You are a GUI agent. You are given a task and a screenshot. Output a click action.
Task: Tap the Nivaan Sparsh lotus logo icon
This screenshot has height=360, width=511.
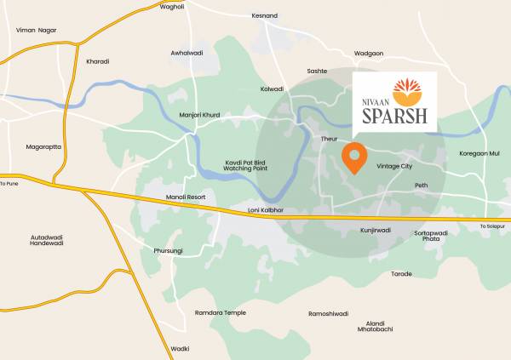[x=405, y=92]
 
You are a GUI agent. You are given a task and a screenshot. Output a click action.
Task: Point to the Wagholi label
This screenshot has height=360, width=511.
[x=172, y=6]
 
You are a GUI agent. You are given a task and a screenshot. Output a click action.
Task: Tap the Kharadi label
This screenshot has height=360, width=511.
[x=98, y=61]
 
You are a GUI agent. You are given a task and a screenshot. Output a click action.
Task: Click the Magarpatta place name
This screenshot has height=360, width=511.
[x=43, y=146]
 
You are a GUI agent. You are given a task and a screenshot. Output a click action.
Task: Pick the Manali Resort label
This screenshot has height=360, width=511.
[x=186, y=197]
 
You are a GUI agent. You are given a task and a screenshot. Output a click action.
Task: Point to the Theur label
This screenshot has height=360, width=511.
[x=330, y=138]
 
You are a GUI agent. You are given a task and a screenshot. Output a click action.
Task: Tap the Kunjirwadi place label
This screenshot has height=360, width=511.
[x=375, y=230]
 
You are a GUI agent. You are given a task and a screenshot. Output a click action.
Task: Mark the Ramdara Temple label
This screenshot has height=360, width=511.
[x=221, y=312]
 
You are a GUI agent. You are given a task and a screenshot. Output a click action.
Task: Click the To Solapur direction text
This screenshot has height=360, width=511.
[x=492, y=226]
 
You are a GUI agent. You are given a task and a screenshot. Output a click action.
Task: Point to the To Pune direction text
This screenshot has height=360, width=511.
[x=9, y=183]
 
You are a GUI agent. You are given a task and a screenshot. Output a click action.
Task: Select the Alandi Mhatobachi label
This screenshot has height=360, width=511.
[x=376, y=327]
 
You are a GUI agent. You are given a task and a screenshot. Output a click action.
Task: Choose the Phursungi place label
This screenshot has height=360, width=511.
[x=168, y=250]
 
